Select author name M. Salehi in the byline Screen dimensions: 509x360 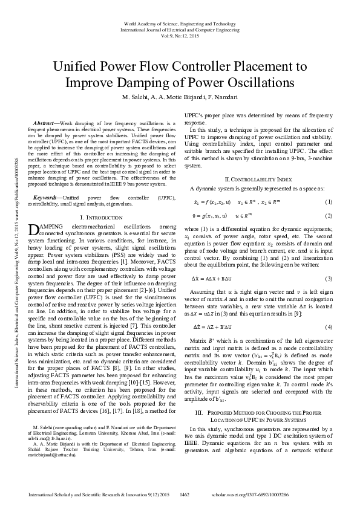[137, 97]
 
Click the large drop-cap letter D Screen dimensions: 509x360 [34, 229]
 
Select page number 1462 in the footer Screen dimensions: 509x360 [185, 495]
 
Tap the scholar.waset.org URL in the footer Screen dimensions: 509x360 [290, 495]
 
